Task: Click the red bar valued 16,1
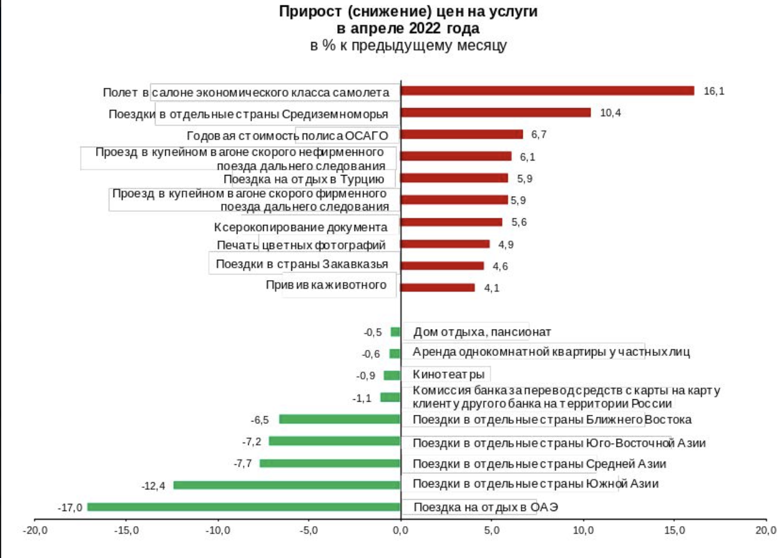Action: tap(547, 91)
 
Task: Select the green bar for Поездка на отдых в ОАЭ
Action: tap(243, 507)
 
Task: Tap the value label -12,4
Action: tap(153, 486)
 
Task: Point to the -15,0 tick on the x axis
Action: tap(127, 530)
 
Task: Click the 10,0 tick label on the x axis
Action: tap(583, 530)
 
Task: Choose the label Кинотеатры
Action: tap(448, 375)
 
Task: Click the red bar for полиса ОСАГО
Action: tap(461, 135)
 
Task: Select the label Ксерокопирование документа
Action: tap(300, 227)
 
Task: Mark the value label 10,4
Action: tap(611, 113)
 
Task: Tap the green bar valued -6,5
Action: tap(340, 419)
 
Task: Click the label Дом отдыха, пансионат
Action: tap(482, 332)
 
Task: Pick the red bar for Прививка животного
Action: tap(437, 288)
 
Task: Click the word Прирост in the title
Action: tap(310, 11)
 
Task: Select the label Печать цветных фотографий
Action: tap(301, 245)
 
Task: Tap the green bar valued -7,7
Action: tap(329, 463)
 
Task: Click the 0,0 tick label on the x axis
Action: tap(400, 530)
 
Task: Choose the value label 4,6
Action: tap(500, 266)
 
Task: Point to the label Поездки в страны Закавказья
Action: tap(302, 264)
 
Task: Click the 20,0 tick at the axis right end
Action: tap(766, 530)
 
